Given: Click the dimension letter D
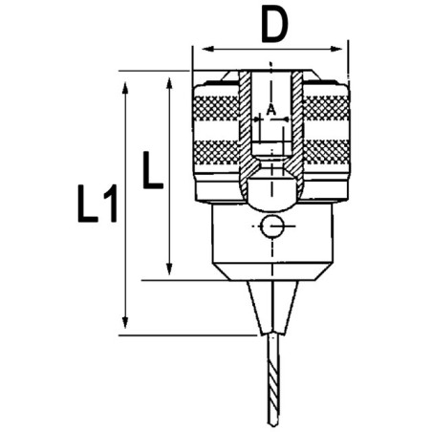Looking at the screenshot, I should (x=273, y=26).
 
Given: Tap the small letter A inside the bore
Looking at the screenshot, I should (x=270, y=110).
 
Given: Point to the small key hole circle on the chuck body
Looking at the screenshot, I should (x=270, y=227).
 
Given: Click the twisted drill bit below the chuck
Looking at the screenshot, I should (x=270, y=382).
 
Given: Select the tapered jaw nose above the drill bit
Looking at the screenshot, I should (x=270, y=306).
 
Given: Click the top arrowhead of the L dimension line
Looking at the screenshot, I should (x=169, y=80).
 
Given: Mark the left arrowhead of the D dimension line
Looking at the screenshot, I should (x=199, y=48).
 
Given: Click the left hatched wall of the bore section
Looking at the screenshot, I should (x=246, y=124).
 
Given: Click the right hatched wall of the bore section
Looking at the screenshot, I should (x=296, y=124).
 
